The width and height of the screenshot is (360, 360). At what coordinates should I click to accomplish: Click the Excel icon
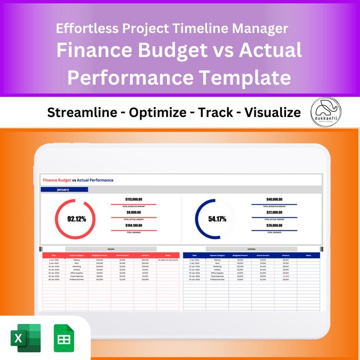(x=25, y=338)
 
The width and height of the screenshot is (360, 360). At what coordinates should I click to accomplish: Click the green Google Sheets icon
(x=64, y=338)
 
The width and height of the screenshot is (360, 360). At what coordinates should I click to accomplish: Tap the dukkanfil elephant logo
(x=326, y=112)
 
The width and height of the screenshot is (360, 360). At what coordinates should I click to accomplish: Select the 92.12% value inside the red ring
(x=76, y=219)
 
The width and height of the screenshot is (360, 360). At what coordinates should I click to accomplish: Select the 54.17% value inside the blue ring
(x=217, y=219)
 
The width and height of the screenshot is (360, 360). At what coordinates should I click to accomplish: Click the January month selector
(x=64, y=190)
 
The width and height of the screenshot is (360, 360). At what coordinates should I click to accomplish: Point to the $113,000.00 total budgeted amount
(x=134, y=199)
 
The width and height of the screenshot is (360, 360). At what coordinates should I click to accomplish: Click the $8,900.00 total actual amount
(x=134, y=212)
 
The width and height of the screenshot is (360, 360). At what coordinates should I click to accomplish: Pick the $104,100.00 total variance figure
(x=134, y=225)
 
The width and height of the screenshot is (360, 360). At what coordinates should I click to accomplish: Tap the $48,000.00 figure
(x=274, y=199)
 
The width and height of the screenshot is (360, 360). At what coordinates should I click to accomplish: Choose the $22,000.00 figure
(x=274, y=212)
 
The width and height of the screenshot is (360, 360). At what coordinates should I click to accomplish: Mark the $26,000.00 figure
(x=274, y=225)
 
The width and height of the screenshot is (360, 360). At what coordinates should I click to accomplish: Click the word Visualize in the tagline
(x=272, y=112)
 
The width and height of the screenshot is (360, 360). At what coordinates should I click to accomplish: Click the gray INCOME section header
(x=111, y=249)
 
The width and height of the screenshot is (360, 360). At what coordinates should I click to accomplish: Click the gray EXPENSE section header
(x=251, y=249)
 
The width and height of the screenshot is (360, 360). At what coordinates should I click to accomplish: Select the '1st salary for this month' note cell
(x=168, y=260)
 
